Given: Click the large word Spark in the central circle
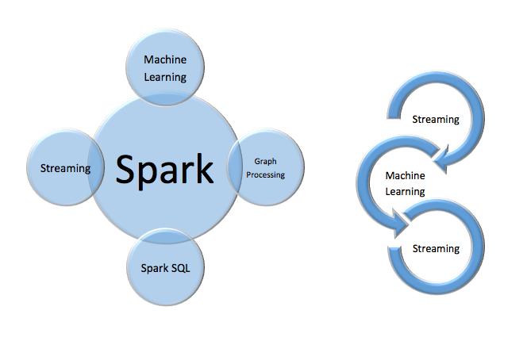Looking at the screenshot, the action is (x=164, y=170).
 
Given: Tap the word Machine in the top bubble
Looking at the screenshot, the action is (x=165, y=59).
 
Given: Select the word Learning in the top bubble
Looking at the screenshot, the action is (x=165, y=77).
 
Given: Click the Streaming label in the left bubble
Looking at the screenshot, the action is (x=66, y=168).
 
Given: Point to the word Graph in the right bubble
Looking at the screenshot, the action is (x=266, y=162).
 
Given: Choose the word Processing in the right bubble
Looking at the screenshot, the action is (x=266, y=174).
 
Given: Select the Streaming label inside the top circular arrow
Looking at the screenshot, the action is (x=436, y=120).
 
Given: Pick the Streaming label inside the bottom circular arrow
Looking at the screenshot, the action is (x=436, y=249).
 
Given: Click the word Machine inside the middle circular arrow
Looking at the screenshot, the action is (x=405, y=175).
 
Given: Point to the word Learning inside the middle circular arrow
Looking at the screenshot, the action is (x=405, y=192).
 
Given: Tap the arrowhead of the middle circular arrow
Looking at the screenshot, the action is (x=399, y=223).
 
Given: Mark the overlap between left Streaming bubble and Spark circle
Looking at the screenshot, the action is (x=96, y=167).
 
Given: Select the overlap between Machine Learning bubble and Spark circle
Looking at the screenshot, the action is (x=165, y=99).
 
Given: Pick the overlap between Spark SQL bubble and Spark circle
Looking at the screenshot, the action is (x=165, y=236).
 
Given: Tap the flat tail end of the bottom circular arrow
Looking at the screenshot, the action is (x=394, y=249).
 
